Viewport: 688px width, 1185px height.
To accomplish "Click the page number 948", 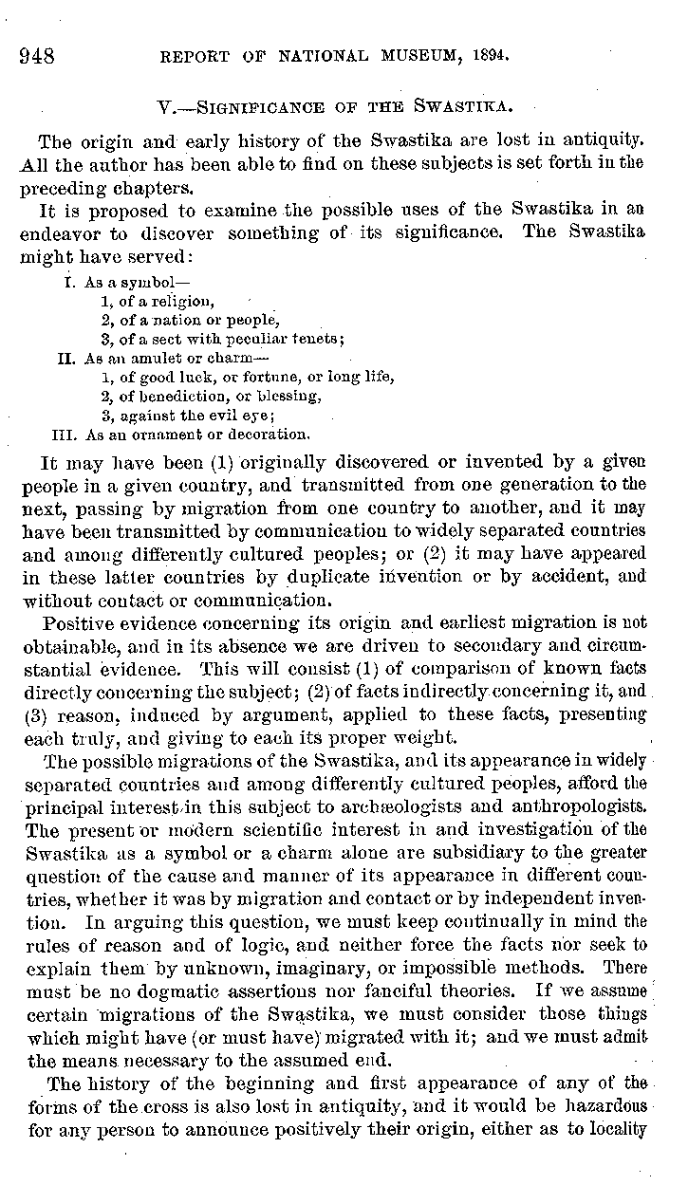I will click(37, 54).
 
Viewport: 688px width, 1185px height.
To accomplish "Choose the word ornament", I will click(166, 435).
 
